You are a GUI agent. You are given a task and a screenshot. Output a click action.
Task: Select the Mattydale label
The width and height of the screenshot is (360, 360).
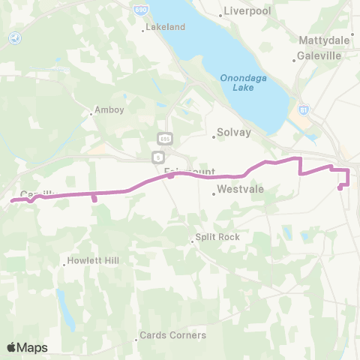tap(325, 39)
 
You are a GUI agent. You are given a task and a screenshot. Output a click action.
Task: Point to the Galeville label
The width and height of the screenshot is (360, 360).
tap(319, 56)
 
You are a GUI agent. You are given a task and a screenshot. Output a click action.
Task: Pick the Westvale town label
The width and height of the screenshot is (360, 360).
tap(240, 190)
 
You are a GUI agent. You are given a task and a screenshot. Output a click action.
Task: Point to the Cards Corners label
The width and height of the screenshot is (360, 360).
tap(176, 335)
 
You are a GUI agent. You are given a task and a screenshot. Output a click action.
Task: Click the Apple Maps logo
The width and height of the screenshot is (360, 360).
tap(27, 347)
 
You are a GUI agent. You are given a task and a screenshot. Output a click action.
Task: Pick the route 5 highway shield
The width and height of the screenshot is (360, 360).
tap(157, 157)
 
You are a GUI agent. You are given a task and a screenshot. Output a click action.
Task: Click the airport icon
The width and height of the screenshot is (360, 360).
tap(16, 37)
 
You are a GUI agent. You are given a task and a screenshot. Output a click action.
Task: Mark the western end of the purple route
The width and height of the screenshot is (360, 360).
tap(12, 200)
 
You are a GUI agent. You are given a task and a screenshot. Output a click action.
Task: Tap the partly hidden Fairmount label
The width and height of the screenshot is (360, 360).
tap(189, 172)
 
